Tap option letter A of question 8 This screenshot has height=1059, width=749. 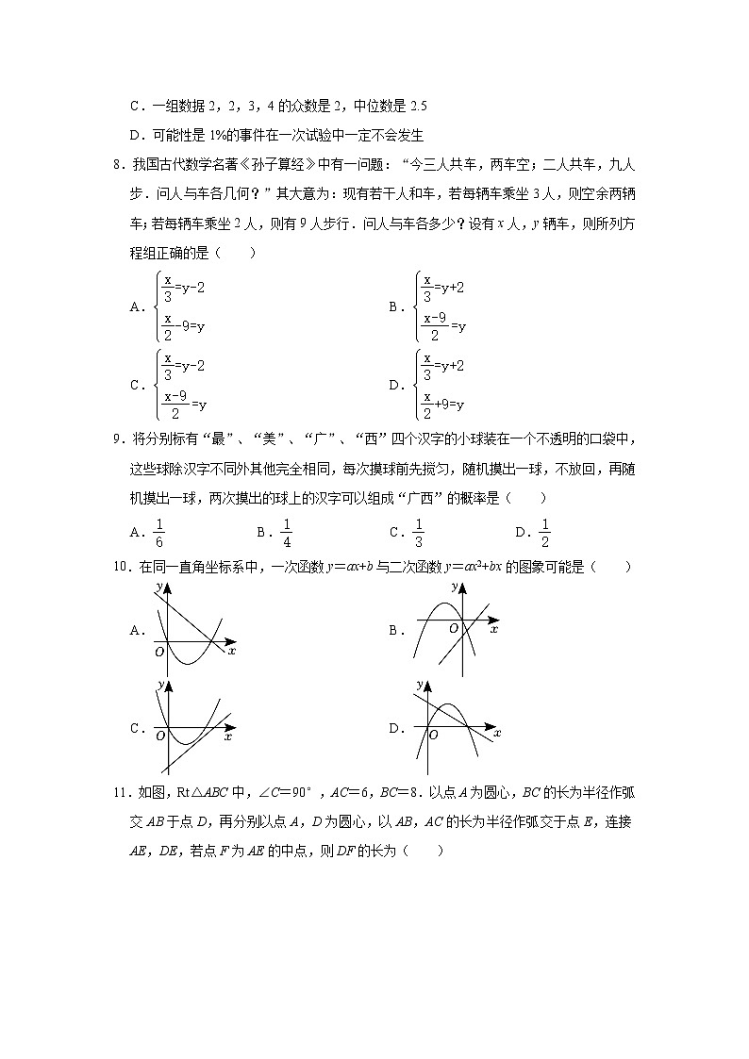136,306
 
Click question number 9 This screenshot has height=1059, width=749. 116,440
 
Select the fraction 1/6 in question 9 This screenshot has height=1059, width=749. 158,533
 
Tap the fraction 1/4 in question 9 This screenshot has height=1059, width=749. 287,533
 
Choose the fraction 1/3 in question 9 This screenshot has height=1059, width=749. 418,533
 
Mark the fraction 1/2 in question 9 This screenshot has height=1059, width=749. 544,533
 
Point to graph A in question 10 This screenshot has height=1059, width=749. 193,629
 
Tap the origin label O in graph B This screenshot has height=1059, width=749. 453,628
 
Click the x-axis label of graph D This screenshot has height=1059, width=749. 497,733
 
